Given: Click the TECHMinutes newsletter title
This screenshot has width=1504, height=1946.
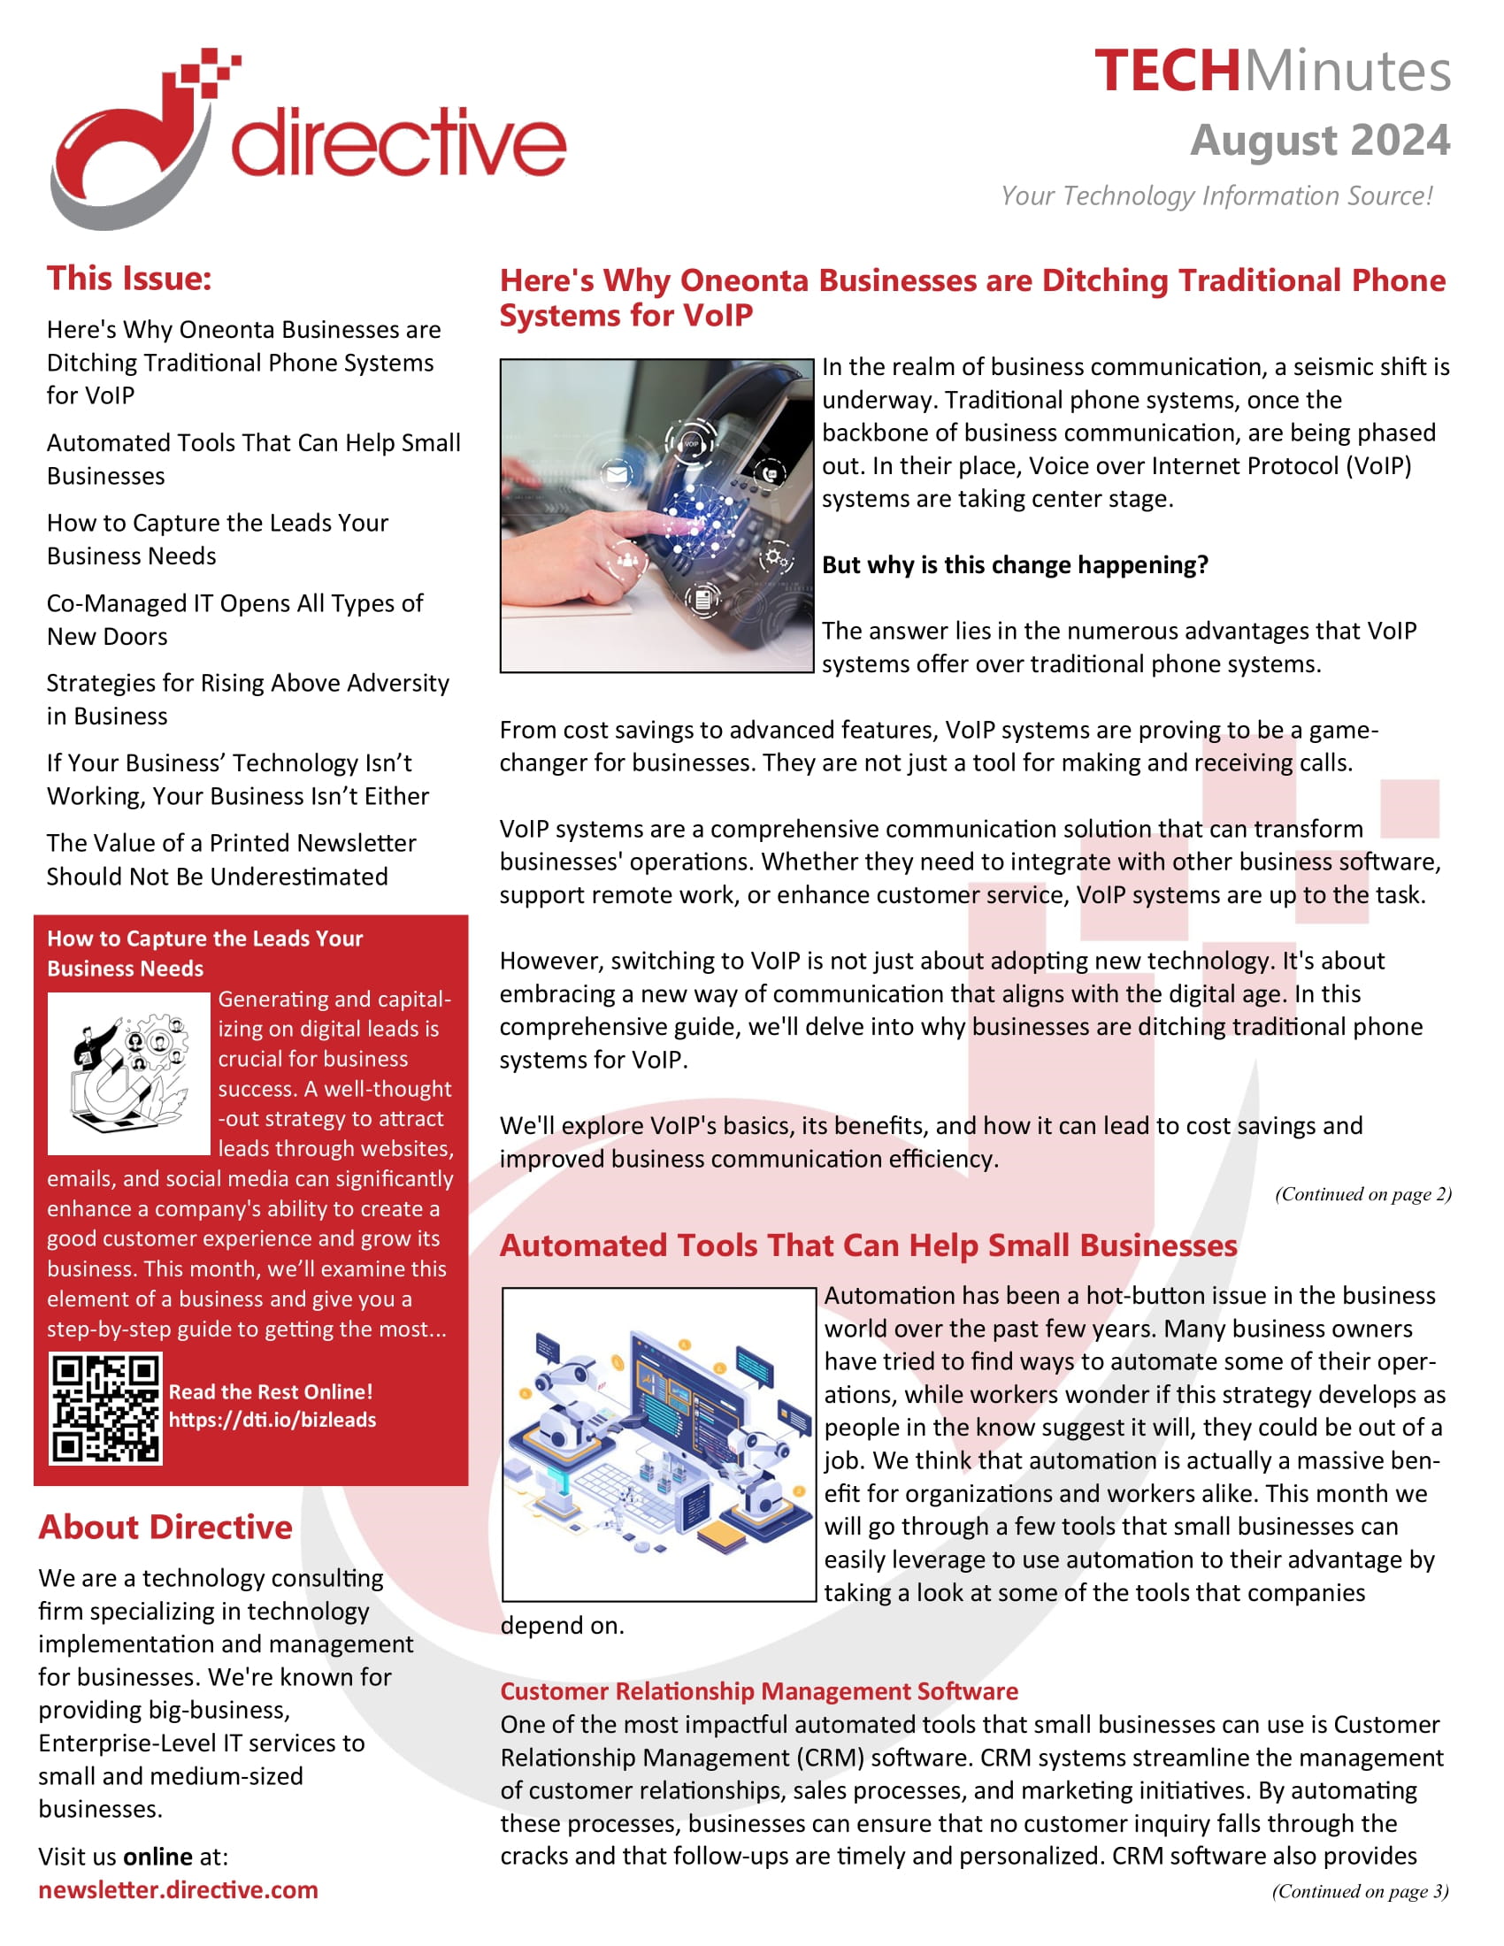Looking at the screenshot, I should (x=1271, y=72).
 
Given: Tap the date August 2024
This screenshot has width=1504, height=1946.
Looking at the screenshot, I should (x=1320, y=141).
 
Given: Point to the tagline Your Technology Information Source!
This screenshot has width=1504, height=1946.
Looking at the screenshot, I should (x=1216, y=196).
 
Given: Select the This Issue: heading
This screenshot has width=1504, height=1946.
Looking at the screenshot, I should (x=129, y=279).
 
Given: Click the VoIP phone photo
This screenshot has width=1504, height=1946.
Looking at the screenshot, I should (x=656, y=515).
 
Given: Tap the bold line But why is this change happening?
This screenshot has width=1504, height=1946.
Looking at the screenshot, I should (x=1014, y=565).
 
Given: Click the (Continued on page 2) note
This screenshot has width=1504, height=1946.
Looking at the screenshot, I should (x=1362, y=1194).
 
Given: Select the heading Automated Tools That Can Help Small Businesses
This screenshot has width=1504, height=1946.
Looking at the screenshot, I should (x=868, y=1245).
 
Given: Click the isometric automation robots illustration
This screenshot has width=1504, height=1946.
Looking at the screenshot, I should (x=658, y=1444).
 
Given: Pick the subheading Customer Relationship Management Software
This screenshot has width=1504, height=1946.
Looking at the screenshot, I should (x=758, y=1691).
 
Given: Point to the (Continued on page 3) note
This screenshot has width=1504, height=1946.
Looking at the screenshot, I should (x=1360, y=1891).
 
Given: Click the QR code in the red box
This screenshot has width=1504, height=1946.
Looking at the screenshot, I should (x=106, y=1409).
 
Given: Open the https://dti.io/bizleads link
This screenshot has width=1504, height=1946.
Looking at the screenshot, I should (x=272, y=1421).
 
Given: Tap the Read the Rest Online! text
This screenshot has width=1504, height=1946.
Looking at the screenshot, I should (x=271, y=1391).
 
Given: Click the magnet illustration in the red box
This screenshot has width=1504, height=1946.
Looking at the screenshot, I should (x=128, y=1073).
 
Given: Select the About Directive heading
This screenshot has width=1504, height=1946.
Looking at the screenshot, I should (x=165, y=1528).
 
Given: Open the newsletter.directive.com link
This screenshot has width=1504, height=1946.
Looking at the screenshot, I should (x=178, y=1890).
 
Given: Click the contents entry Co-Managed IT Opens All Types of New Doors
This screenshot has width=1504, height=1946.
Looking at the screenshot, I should (x=234, y=619).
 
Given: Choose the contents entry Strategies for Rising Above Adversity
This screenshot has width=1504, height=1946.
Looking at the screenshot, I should (x=248, y=700).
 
